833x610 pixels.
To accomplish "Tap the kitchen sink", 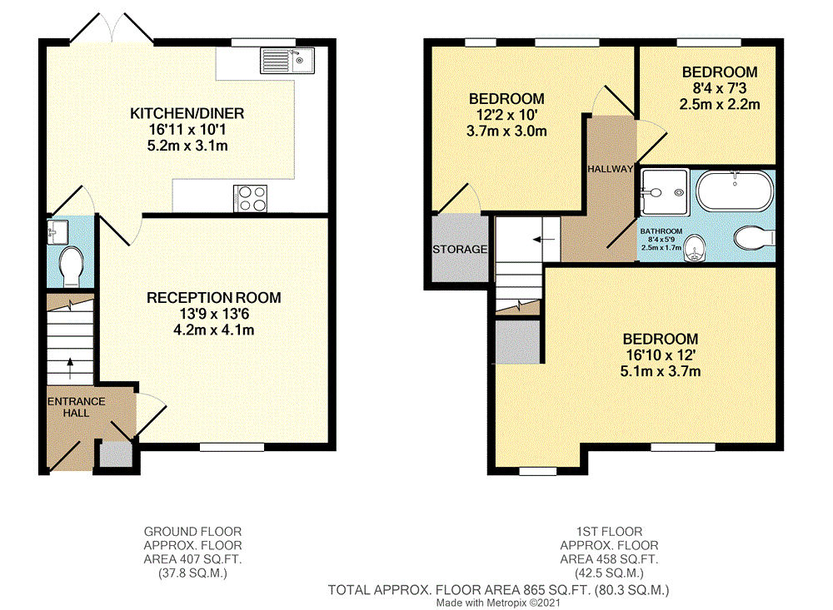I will coord(285,59).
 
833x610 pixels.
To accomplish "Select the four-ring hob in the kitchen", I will coord(252,197).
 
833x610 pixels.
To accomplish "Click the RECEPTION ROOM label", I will coord(214,297).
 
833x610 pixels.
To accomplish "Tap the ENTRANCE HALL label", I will coord(76,407).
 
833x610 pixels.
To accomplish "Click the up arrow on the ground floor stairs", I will coord(69,362).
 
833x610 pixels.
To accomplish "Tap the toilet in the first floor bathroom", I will coord(755,239).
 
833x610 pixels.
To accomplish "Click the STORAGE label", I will coord(459,249).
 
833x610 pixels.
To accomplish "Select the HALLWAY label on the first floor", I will coord(611,168).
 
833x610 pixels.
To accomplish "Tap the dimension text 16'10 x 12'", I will coord(661,355).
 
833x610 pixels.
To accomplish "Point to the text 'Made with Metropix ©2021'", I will coord(499,602).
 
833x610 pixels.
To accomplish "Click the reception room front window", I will coord(225,448).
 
